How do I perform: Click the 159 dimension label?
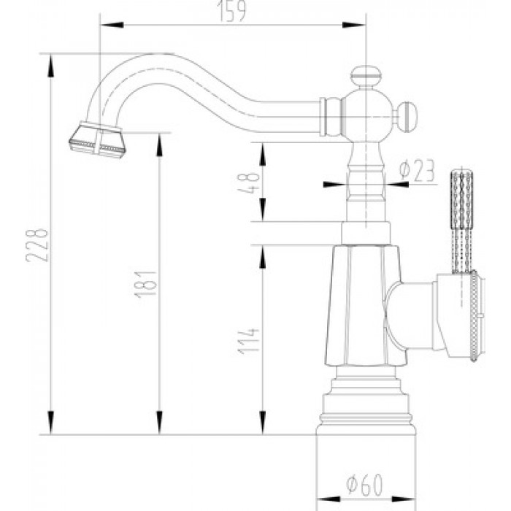[231, 11]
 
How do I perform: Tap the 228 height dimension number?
[38, 245]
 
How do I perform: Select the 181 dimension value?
[146, 284]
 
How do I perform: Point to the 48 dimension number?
[250, 182]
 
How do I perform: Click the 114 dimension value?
[249, 341]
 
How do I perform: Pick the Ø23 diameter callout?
[418, 170]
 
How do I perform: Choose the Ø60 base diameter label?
[364, 484]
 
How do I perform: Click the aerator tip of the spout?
[98, 140]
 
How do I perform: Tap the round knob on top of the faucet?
[366, 76]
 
